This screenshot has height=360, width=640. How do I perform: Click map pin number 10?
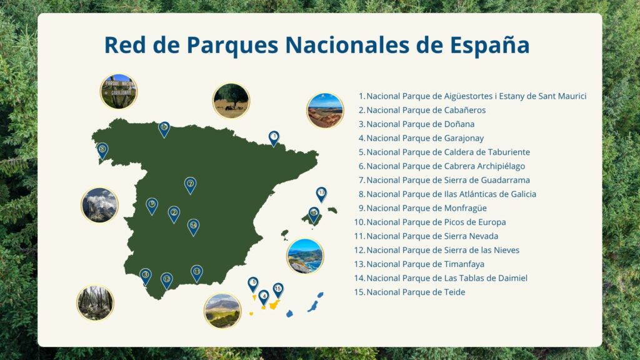point(164,129)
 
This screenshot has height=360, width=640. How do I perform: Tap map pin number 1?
point(274,138)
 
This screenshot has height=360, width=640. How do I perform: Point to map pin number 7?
point(190,185)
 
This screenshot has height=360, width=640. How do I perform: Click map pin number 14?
point(194,227)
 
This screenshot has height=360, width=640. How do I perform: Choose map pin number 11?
point(197,273)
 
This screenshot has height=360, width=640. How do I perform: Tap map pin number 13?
point(322,194)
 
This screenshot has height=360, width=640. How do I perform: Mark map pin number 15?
point(278,290)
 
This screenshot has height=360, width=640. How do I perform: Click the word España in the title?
point(490,45)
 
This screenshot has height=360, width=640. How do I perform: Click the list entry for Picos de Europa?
point(430,222)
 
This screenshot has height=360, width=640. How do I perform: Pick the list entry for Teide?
point(410,292)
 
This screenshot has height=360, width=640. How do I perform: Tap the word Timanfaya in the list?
point(464,264)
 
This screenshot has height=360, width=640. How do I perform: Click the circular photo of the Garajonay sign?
point(119,91)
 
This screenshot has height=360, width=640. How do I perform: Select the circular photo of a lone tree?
point(231,101)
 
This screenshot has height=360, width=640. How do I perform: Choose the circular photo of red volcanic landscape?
point(325,110)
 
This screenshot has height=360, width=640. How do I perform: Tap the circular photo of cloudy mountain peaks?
point(99,205)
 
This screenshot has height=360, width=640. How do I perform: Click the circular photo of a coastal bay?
point(305,256)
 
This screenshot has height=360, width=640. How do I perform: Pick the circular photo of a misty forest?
point(96,303)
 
